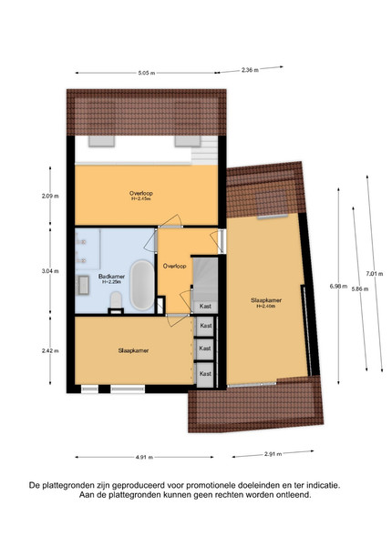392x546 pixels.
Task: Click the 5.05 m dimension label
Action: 147,73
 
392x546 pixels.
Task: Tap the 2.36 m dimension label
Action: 250,70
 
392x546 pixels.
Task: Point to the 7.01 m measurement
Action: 374,274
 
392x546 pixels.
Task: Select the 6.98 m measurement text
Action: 338,287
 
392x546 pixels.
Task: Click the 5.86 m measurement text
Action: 359,288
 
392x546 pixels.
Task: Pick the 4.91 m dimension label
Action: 144,457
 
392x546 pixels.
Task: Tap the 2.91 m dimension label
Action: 273,454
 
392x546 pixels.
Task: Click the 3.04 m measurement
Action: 50,271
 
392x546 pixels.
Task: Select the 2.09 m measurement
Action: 50,196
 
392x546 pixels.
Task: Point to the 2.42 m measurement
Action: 50,350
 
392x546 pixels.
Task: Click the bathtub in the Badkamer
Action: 142,285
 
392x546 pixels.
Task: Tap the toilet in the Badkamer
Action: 116,301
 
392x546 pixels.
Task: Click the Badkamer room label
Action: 111,277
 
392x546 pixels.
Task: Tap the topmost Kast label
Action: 205,307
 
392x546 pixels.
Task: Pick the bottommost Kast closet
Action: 204,374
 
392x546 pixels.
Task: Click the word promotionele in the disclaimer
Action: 210,485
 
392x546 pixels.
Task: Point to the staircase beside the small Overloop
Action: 205,278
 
